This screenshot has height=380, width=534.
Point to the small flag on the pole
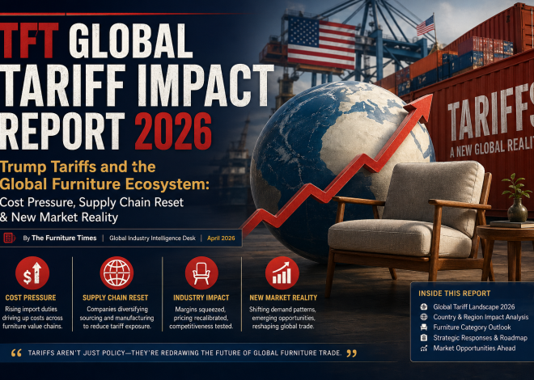425,26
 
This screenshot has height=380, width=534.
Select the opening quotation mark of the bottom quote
16,353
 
